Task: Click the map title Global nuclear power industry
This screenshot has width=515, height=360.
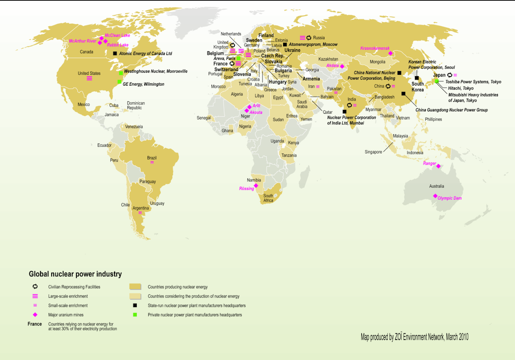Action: [75, 274]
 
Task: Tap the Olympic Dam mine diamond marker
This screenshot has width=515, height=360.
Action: [435, 196]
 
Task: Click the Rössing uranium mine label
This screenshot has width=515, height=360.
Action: [247, 189]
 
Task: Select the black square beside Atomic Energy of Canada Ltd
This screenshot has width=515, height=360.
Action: [115, 53]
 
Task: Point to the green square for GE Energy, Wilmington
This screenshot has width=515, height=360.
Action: [119, 82]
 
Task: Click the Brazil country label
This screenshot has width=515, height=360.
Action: [152, 158]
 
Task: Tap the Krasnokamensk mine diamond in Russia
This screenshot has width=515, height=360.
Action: [390, 53]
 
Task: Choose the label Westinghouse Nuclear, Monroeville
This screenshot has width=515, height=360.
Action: [156, 71]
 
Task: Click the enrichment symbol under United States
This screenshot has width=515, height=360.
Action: [89, 79]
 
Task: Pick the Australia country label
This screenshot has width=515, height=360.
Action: [436, 186]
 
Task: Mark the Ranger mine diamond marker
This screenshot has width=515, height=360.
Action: [439, 166]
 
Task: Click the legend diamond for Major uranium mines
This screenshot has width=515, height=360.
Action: [35, 315]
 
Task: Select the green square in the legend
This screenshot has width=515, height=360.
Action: [135, 315]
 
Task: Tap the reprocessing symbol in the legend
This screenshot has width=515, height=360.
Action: [35, 287]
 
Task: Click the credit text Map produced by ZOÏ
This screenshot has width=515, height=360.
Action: [415, 337]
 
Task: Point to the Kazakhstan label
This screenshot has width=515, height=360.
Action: [328, 59]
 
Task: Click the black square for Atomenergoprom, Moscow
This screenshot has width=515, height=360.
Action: [285, 44]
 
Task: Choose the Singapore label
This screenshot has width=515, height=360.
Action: [373, 152]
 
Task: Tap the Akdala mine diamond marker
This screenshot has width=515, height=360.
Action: [342, 66]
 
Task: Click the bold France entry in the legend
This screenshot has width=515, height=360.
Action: [35, 324]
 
